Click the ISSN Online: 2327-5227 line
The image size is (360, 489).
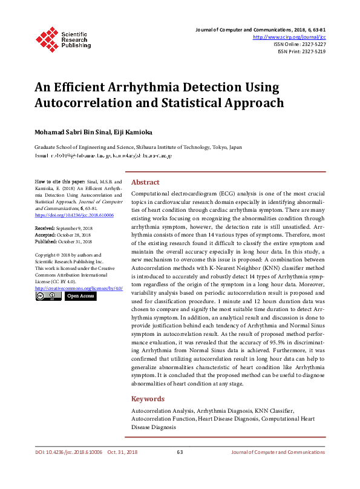[299, 44]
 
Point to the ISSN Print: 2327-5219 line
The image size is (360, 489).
[301, 51]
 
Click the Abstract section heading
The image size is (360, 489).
[145, 182]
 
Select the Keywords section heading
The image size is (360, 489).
[148, 399]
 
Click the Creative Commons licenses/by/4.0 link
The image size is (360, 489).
[79, 288]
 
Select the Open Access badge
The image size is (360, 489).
[80, 296]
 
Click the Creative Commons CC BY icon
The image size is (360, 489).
[48, 296]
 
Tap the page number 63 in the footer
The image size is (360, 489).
[180, 452]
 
